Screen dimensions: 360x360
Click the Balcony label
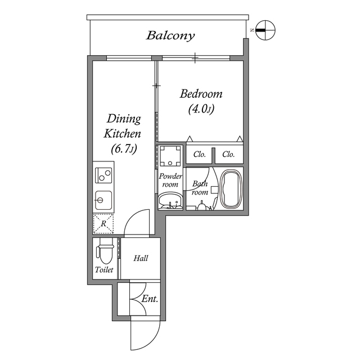[170, 35]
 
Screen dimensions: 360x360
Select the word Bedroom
[201, 94]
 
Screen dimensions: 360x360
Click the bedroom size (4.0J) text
[201, 109]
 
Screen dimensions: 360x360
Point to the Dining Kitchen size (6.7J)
[124, 149]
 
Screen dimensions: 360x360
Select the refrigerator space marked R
[103, 223]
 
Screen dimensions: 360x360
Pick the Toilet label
[104, 270]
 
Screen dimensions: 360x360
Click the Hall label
[141, 258]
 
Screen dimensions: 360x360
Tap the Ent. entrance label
[149, 299]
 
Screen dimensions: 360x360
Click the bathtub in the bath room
[231, 189]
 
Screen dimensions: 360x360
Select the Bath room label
[200, 188]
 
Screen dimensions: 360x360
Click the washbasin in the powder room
[170, 200]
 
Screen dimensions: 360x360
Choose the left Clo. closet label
[199, 154]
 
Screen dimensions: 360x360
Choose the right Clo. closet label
[228, 154]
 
